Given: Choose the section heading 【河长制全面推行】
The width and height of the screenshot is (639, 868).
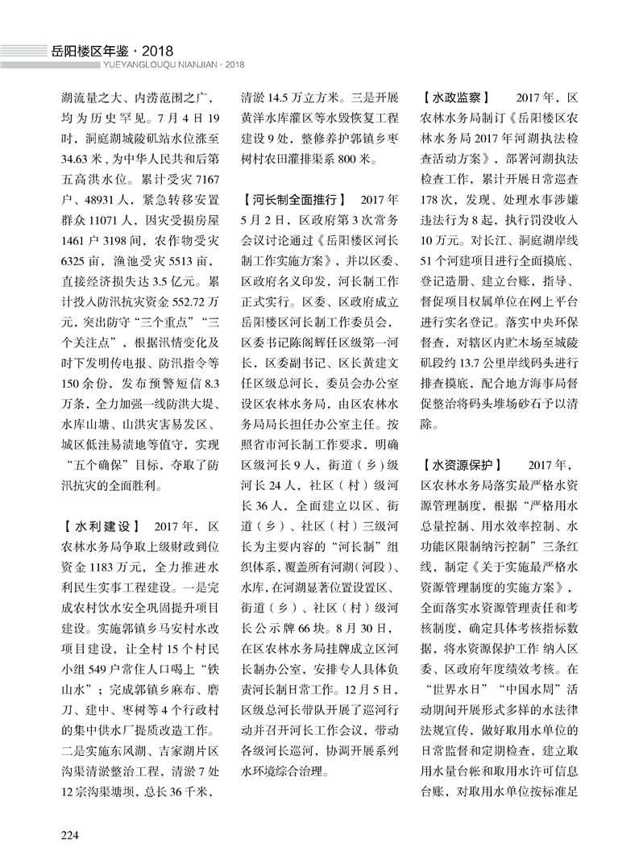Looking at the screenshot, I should pos(294,197).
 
